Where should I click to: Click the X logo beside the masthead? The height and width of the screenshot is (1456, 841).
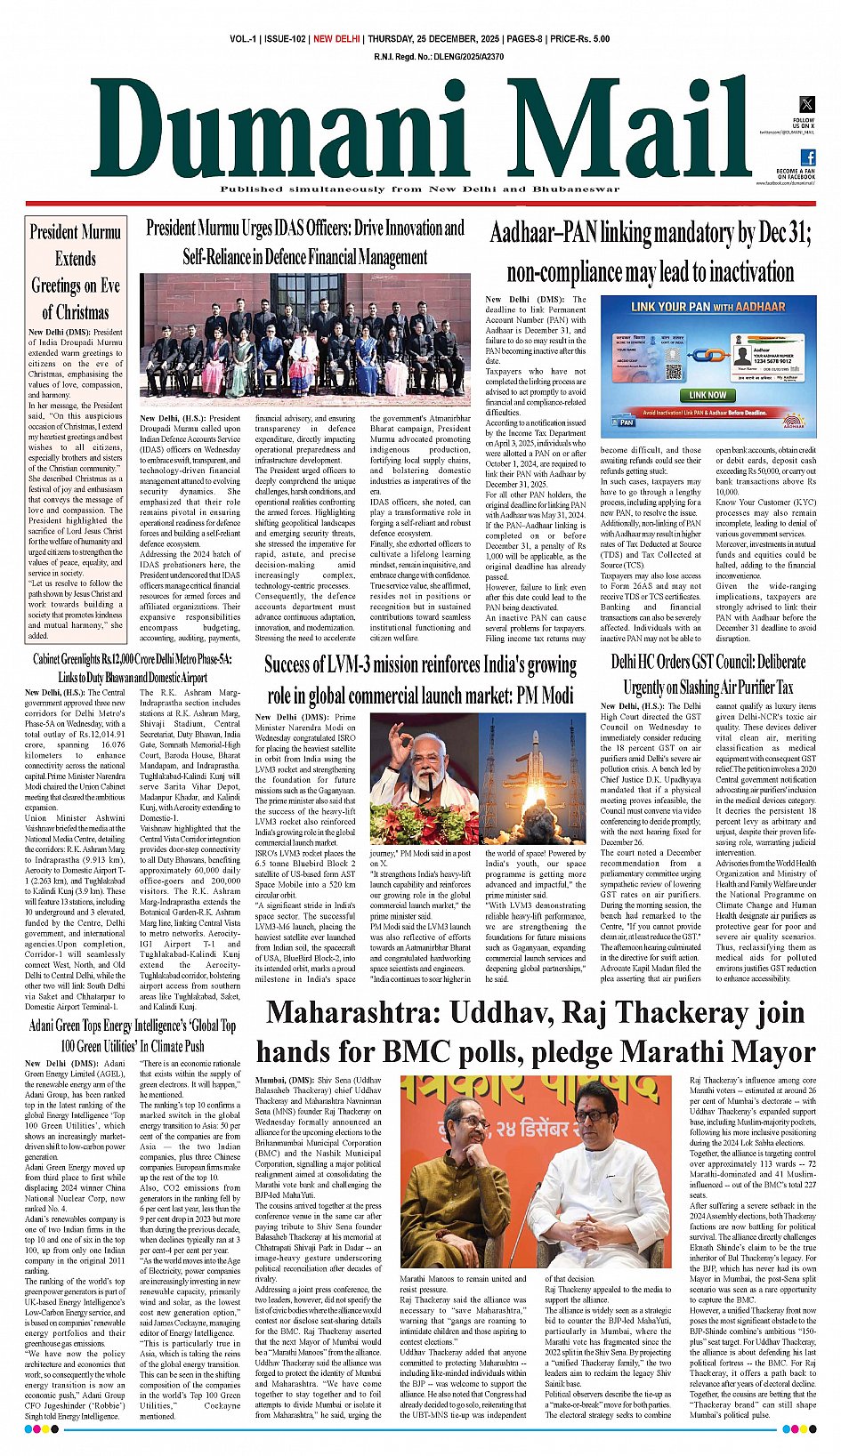803,105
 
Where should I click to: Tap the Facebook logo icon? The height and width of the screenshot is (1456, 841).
807,157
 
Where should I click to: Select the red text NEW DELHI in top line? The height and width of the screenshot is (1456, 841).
336,39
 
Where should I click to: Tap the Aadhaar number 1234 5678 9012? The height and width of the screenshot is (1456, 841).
778,360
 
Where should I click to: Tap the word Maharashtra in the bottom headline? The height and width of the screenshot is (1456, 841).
351,1013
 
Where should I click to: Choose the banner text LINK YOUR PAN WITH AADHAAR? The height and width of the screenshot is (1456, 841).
708,307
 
